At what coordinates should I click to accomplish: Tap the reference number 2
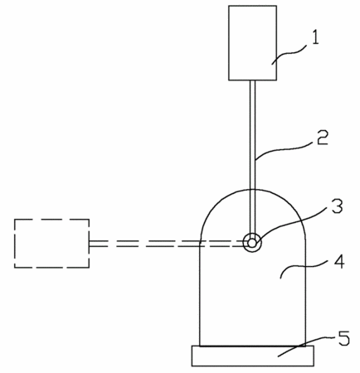(x=322, y=138)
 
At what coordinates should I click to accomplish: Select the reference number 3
(x=337, y=206)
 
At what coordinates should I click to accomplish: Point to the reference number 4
(x=339, y=261)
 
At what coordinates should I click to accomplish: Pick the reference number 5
(x=344, y=338)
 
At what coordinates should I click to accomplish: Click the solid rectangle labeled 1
(x=252, y=43)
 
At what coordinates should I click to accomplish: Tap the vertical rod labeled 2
(x=253, y=160)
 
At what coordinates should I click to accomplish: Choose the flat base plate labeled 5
(x=253, y=356)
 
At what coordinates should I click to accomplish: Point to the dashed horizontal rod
(x=166, y=244)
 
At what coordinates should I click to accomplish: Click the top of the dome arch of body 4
(x=253, y=190)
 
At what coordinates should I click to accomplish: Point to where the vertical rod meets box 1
(x=253, y=80)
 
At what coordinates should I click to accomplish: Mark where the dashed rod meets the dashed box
(x=90, y=244)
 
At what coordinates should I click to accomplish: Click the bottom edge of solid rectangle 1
(x=252, y=80)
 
